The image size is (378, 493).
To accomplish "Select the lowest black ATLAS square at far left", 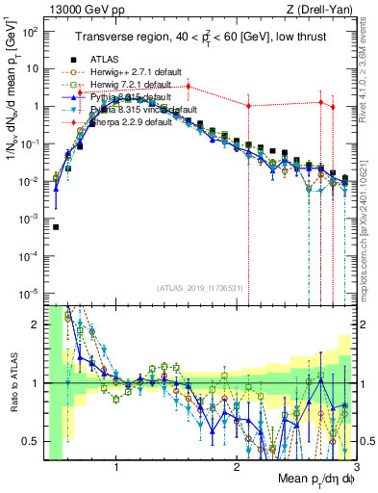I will point(57,227).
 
